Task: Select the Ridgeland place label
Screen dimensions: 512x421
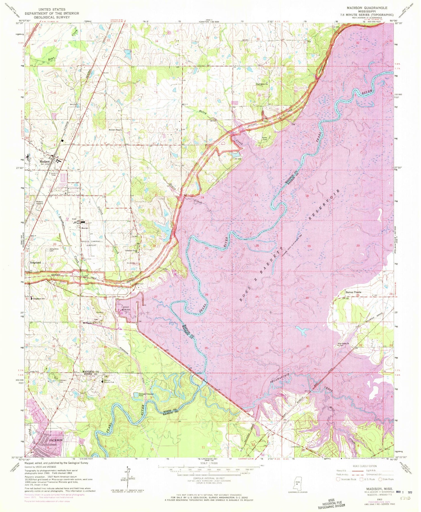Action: (35, 262)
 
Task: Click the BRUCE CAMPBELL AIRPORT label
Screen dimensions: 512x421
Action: (89, 243)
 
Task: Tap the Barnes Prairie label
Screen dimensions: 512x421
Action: (353, 292)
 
